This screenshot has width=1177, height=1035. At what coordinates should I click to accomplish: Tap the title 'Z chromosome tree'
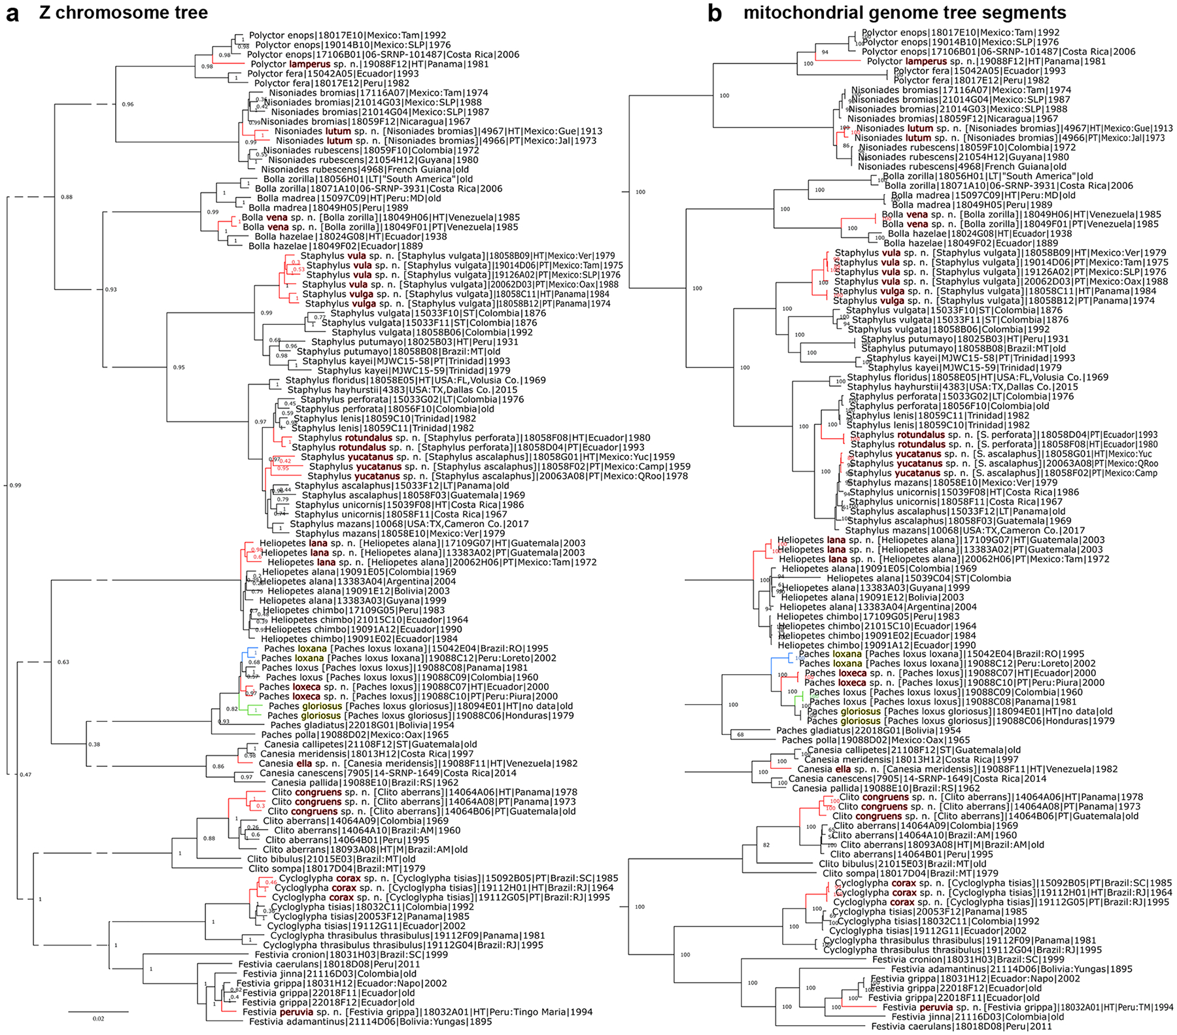tap(124, 12)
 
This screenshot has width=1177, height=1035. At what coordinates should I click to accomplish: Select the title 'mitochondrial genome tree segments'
tap(905, 12)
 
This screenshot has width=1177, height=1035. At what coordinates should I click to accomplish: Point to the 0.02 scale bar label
tap(97, 1019)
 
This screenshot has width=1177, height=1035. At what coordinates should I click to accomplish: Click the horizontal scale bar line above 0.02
tap(98, 1011)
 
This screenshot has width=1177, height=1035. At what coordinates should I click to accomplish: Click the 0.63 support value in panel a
tap(63, 662)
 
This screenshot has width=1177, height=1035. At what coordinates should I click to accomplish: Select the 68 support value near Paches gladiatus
tap(740, 734)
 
